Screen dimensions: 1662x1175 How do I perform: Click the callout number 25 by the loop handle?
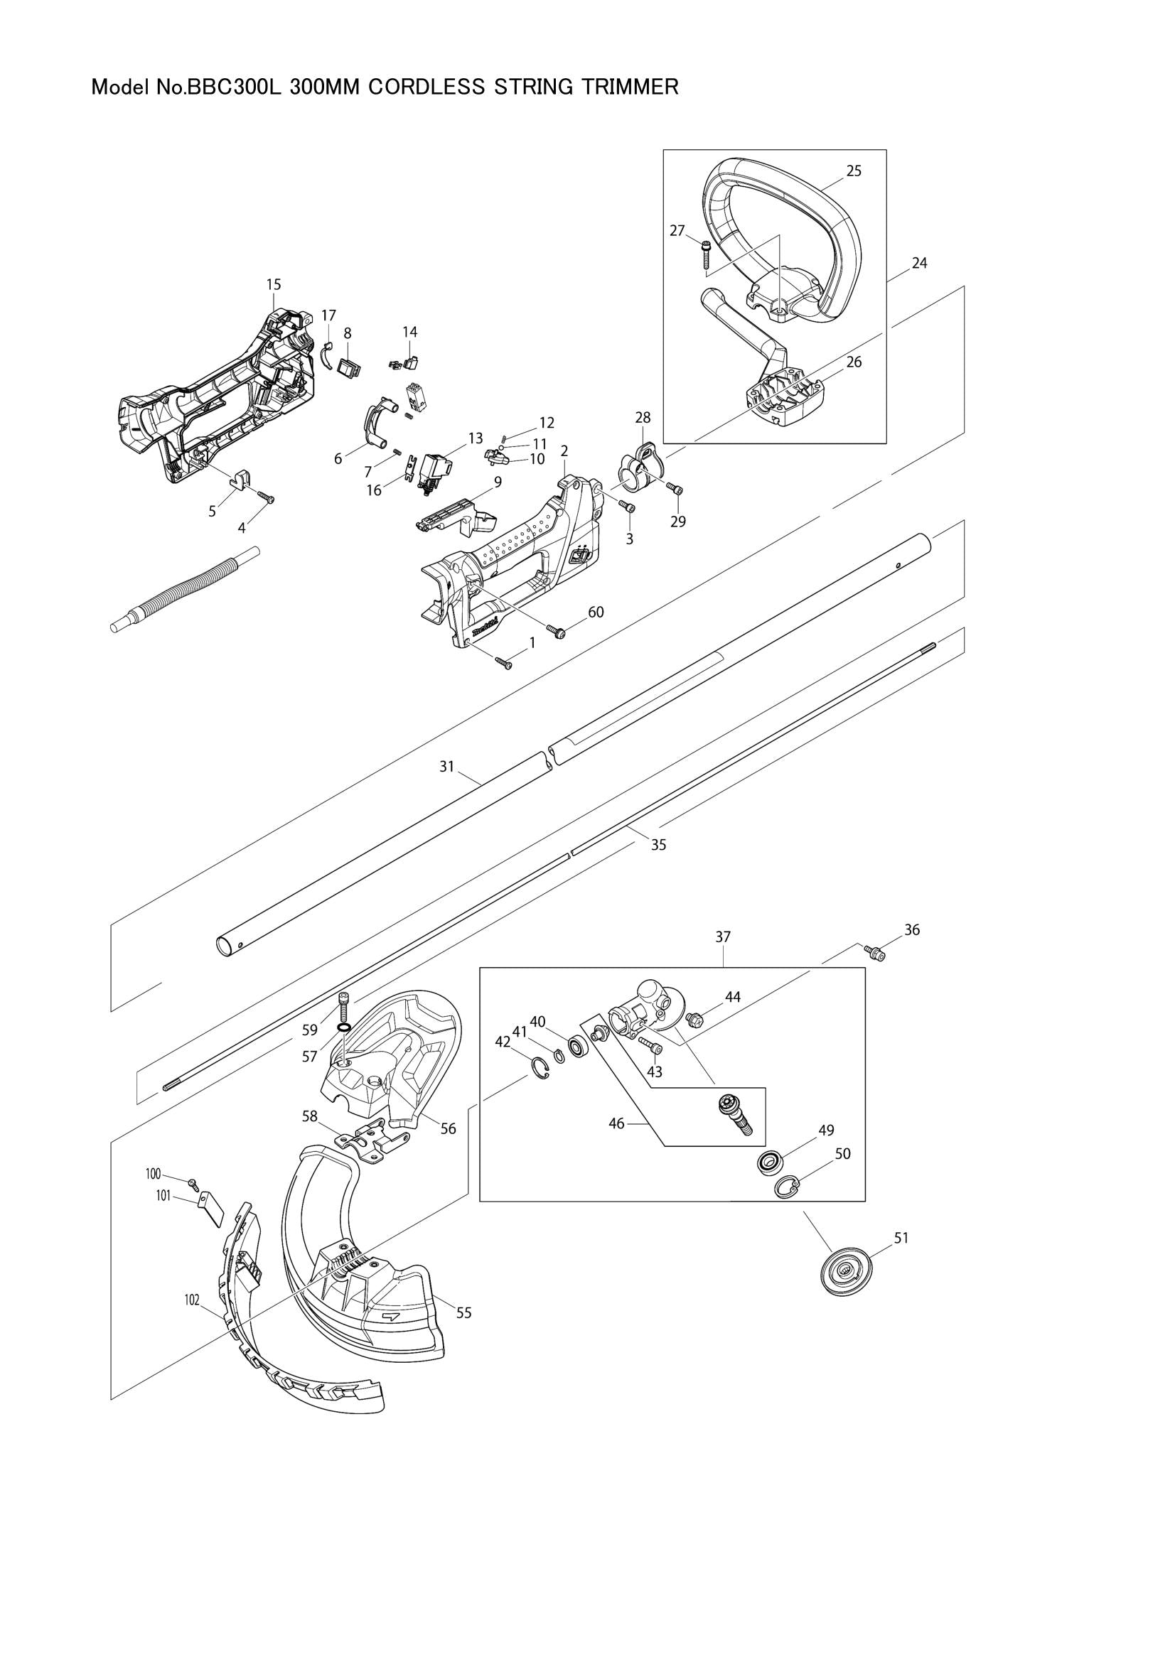click(854, 171)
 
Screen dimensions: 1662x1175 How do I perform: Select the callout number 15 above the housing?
click(274, 284)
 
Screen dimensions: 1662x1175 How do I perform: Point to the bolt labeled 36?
click(876, 954)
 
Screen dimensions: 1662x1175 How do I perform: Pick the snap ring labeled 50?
click(787, 1187)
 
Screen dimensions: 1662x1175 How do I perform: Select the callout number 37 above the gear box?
click(723, 936)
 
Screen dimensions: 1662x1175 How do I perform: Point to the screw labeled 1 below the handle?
click(505, 662)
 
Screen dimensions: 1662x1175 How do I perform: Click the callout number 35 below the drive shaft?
click(658, 845)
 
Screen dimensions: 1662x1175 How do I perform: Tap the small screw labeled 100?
click(192, 1182)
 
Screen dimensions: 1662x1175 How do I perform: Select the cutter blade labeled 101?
click(211, 1209)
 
